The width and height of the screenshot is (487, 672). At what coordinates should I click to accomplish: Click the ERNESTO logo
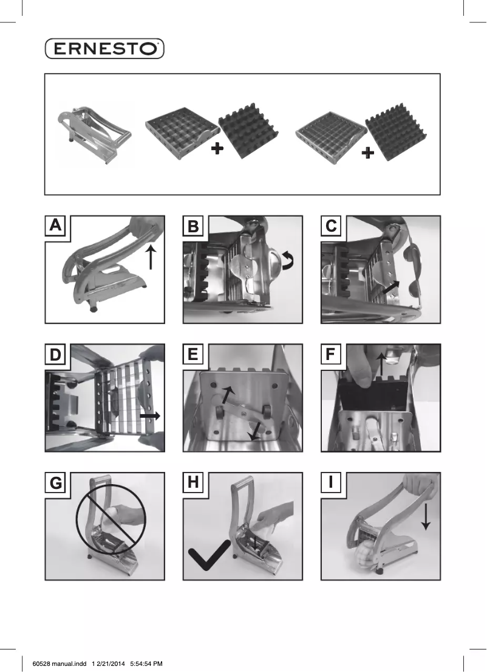pos(104,49)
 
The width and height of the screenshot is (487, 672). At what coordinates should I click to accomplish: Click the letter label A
pos(55,226)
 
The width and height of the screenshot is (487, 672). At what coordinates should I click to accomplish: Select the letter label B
pos(193,226)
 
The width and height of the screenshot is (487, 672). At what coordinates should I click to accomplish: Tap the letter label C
pos(331,226)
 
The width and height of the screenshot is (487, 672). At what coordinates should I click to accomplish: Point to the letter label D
pos(55,355)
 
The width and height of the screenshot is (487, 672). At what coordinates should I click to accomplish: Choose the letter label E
pos(193,355)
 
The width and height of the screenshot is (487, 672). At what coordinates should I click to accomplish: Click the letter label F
pos(331,355)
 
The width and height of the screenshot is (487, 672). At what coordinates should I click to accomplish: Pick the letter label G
pos(55,483)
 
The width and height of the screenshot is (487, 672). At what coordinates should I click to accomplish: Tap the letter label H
pos(193,483)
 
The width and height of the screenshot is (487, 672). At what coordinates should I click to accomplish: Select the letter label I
pos(331,483)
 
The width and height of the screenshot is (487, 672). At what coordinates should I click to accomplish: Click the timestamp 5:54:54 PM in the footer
pos(146,663)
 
